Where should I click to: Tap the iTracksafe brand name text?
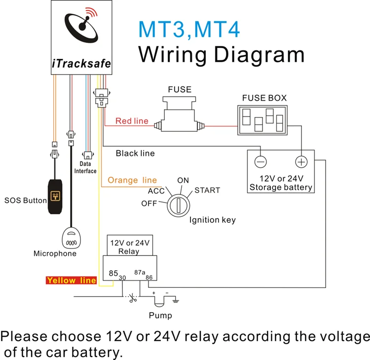point(81,64)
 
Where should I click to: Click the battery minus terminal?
point(260,162)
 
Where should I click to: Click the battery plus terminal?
point(301,162)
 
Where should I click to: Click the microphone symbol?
point(72,239)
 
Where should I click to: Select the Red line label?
point(132,121)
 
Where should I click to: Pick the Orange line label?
point(132,180)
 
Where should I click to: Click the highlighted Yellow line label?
point(72,280)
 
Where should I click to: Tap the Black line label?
point(135,153)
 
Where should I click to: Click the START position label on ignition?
point(207,190)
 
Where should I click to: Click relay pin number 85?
point(113,273)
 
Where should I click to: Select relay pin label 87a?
point(140,272)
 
